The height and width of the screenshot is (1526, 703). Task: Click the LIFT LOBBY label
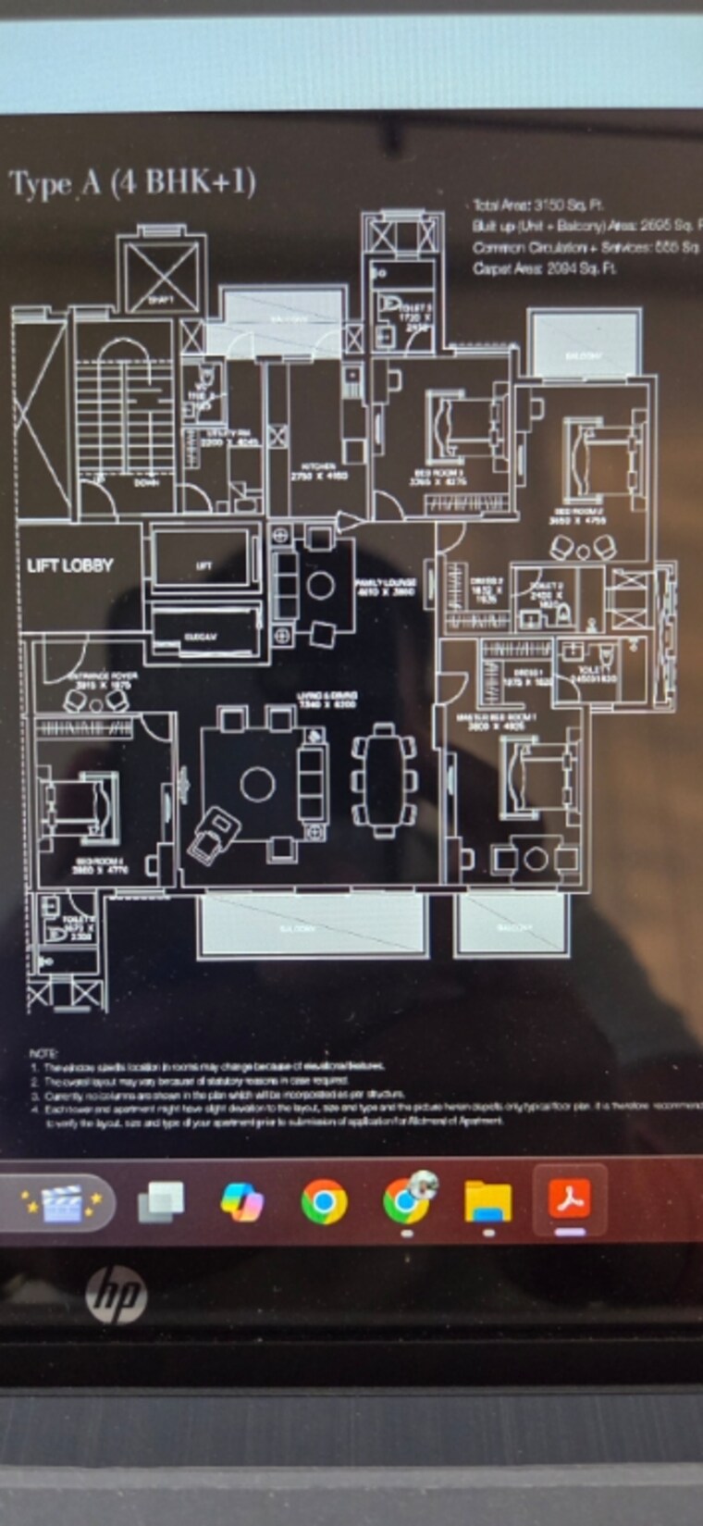[69, 564]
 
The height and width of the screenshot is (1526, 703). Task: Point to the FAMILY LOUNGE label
[385, 586]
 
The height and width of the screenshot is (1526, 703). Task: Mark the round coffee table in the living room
[257, 785]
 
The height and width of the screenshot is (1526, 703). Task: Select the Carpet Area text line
[544, 268]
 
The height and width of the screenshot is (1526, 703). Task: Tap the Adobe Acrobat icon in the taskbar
[570, 1200]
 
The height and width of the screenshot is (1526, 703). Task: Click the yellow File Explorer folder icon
[487, 1201]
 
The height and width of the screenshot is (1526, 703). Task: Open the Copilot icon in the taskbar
[242, 1202]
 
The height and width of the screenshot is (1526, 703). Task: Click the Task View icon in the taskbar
[161, 1202]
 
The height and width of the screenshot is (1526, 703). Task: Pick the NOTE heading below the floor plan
[43, 1054]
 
